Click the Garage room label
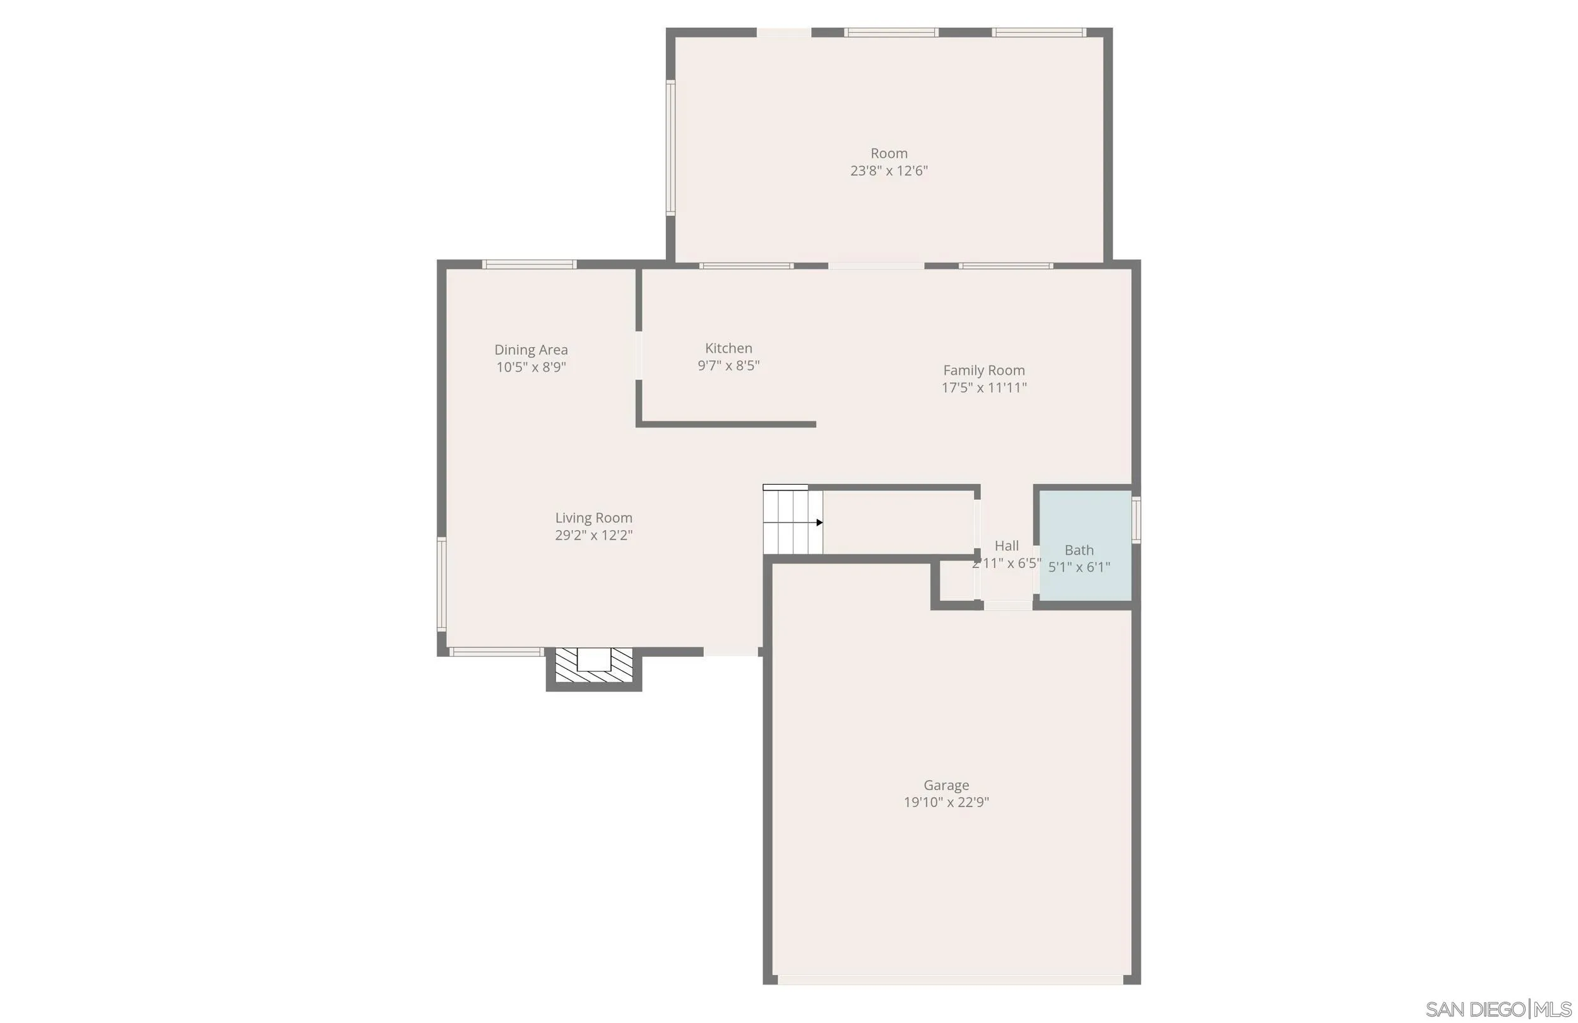tap(946, 785)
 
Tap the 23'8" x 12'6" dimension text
tap(889, 171)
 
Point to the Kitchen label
tap(728, 348)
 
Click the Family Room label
tap(983, 370)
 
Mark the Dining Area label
tap(530, 350)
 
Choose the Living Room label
tap(593, 517)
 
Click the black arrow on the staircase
tap(819, 523)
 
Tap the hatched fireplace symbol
tap(593, 666)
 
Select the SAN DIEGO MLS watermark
tap(1498, 1009)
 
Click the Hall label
tap(1007, 546)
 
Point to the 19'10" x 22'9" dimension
tap(946, 802)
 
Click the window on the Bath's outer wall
tap(1136, 521)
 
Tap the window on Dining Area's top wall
tap(529, 264)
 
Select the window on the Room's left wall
tap(670, 148)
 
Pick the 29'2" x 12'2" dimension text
tap(593, 535)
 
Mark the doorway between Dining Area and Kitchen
tap(639, 355)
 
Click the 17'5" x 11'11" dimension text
tap(983, 387)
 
